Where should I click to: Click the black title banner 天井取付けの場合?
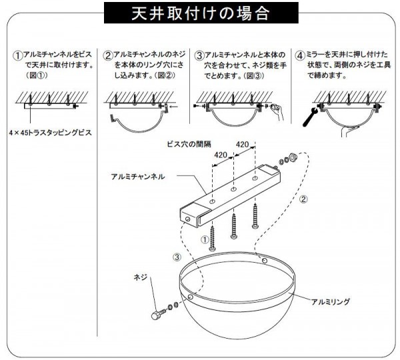coord(201,13)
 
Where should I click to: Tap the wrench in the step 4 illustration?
coord(310,117)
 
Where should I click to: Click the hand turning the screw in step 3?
coord(278,112)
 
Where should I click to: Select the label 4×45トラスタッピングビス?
coord(50,133)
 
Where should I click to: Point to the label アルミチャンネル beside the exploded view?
coord(138,177)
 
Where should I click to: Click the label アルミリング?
coord(331,302)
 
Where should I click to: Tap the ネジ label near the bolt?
coord(141,277)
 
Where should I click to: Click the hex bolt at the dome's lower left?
coord(158,314)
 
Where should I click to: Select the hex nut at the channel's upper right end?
coord(292,157)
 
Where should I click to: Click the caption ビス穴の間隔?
coord(189,144)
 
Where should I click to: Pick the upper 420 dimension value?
coord(242,145)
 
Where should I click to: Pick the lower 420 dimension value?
coord(221,155)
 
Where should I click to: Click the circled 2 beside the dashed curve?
coord(303,199)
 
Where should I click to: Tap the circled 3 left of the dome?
coord(177,257)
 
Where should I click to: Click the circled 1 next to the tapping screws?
coord(205,239)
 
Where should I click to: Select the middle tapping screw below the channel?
coord(234,226)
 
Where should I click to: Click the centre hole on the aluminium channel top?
coord(233,189)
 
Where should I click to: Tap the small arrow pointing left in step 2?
coord(173,107)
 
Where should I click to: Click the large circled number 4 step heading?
coord(300,55)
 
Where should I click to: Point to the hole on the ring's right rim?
coord(265,261)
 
